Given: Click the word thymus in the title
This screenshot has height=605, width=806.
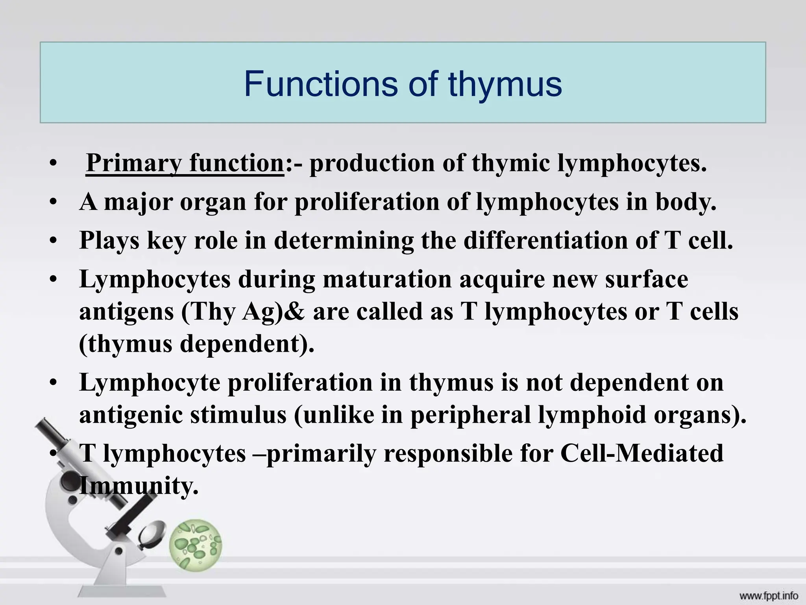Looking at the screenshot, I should click(x=505, y=84).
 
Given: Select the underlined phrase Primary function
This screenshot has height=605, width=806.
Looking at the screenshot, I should click(x=185, y=163).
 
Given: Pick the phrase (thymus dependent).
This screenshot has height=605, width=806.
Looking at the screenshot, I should click(x=197, y=344).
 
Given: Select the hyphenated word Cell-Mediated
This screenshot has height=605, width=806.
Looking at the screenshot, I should click(x=641, y=453).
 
